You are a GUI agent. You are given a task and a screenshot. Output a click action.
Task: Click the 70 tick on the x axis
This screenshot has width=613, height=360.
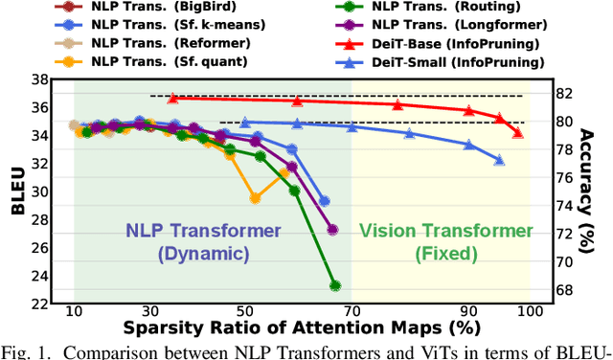click(352, 313)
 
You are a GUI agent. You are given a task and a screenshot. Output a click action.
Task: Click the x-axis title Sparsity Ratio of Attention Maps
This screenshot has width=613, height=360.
click(299, 332)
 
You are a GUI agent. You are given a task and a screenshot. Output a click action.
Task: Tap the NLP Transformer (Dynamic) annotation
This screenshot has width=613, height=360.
click(204, 242)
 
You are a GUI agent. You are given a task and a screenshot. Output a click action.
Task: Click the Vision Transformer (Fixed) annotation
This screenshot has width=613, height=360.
click(445, 242)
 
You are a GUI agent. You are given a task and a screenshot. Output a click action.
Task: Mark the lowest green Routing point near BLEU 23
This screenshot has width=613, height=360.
click(335, 285)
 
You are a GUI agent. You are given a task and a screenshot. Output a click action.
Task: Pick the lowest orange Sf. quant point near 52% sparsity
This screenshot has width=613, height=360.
click(255, 199)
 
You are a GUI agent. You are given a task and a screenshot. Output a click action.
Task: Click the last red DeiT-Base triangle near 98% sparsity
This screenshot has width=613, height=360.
click(517, 133)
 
